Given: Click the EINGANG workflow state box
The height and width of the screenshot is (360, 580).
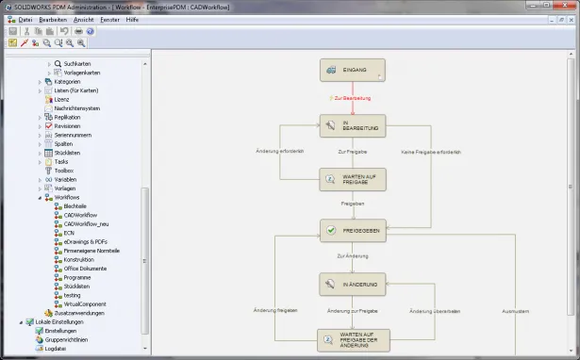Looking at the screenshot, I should pyautogui.click(x=353, y=70).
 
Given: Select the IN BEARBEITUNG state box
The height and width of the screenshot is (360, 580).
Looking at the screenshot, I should pyautogui.click(x=353, y=125).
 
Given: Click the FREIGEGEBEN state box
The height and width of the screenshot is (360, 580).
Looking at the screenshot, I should pyautogui.click(x=353, y=230).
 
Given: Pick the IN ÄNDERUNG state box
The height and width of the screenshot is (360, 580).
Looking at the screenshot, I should pyautogui.click(x=353, y=284).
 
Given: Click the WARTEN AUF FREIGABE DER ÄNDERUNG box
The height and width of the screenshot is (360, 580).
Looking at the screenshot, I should pyautogui.click(x=353, y=340).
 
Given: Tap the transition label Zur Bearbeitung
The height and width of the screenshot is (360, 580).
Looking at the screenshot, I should pyautogui.click(x=351, y=98).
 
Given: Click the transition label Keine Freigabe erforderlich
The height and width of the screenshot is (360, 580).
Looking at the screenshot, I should pyautogui.click(x=431, y=151).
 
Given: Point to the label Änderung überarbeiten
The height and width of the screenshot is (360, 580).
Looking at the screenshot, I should pyautogui.click(x=433, y=310).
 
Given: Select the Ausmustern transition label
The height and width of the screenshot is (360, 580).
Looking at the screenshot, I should pyautogui.click(x=518, y=310).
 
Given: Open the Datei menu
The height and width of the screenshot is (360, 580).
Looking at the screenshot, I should pyautogui.click(x=25, y=19).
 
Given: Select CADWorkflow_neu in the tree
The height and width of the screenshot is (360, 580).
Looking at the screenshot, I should pyautogui.click(x=88, y=223).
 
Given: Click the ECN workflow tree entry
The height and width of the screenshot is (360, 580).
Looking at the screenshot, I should pyautogui.click(x=69, y=233).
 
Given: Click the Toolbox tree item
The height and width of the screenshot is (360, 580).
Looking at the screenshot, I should pyautogui.click(x=65, y=171).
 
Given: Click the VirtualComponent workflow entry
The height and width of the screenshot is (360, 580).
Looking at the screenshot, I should pyautogui.click(x=85, y=304).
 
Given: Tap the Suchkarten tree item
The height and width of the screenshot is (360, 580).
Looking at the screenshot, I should pyautogui.click(x=77, y=63).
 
